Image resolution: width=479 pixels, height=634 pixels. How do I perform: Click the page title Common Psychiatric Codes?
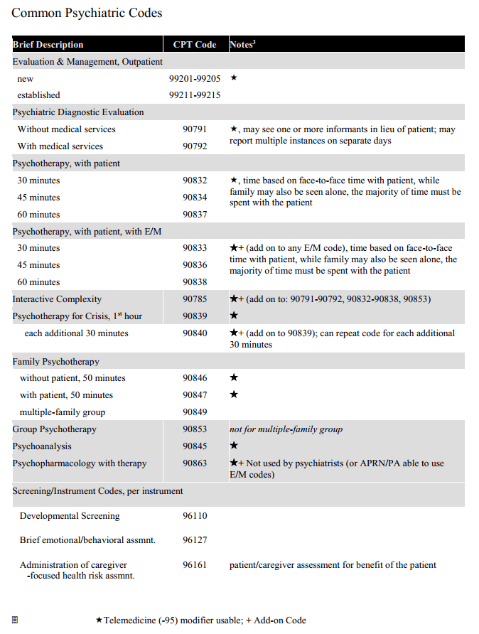(87, 14)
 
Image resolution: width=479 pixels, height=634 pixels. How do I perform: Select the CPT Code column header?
(194, 45)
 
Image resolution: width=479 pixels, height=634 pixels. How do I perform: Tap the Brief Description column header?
(48, 45)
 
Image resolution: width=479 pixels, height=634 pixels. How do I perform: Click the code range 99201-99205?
(194, 78)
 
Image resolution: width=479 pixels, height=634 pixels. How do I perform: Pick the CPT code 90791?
(194, 129)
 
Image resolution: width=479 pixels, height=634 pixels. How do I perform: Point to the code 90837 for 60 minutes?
(194, 215)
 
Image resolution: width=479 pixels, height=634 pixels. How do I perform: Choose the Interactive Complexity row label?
(57, 299)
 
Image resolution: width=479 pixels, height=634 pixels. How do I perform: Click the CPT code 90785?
(194, 299)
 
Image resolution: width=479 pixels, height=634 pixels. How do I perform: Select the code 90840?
(194, 333)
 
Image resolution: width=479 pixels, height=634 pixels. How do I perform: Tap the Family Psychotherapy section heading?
(55, 362)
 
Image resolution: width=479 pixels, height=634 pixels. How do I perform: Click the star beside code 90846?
(234, 378)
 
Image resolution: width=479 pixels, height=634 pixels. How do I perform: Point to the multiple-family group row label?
(62, 412)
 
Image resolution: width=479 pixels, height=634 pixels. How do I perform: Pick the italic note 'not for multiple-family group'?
(286, 429)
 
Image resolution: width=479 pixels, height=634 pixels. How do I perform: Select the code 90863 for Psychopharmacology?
(194, 463)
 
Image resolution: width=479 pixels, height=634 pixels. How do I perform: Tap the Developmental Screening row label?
(70, 516)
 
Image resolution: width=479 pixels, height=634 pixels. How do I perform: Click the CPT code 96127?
(194, 540)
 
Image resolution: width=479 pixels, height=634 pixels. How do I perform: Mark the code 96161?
(194, 566)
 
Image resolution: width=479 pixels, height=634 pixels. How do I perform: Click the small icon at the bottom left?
(15, 620)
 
